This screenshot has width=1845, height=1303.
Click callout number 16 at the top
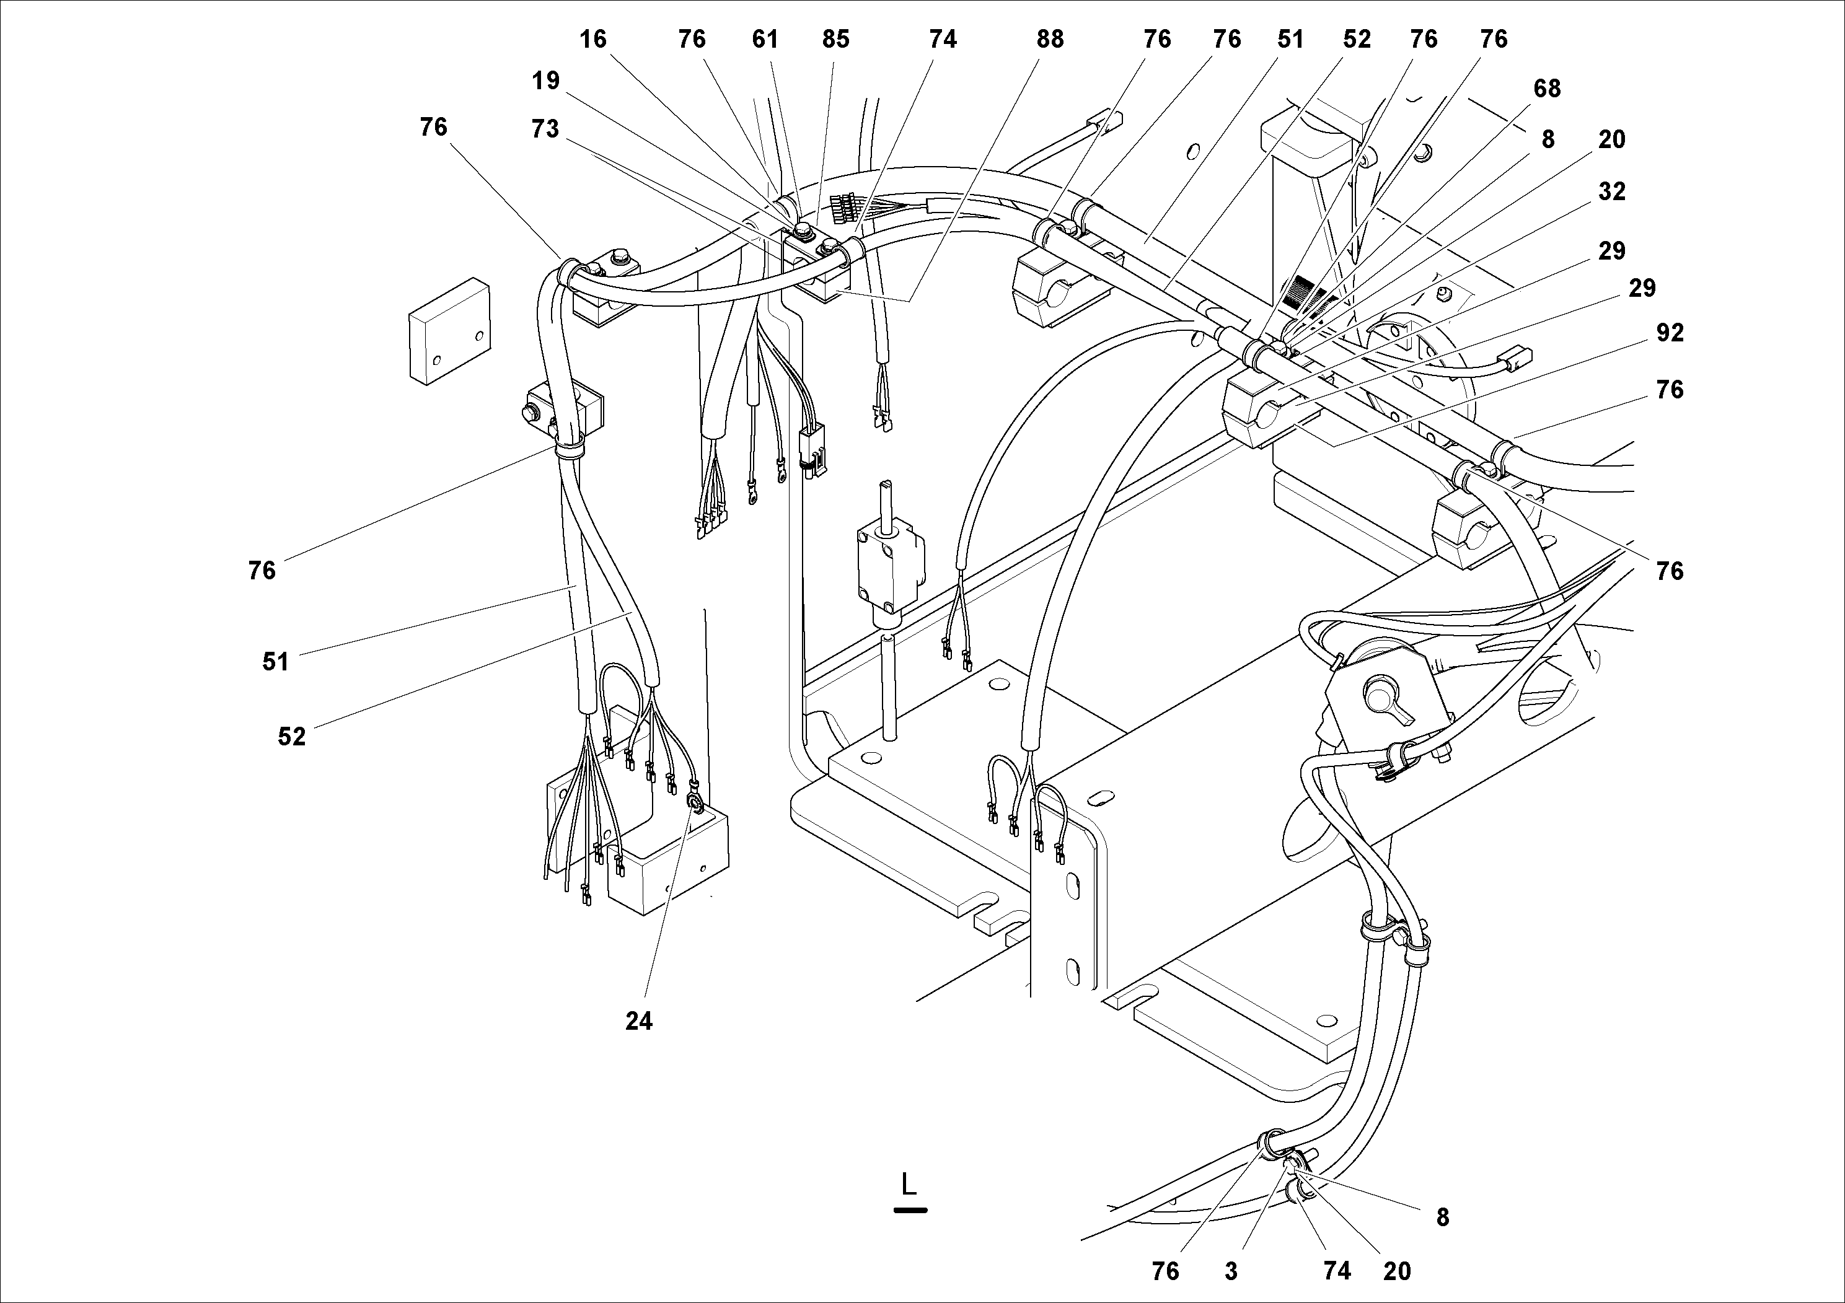tap(593, 40)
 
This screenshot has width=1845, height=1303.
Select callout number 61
tap(765, 40)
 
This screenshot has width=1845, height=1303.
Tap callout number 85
tap(835, 40)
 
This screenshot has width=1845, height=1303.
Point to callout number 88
tap(1049, 40)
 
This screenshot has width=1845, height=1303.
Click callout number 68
tap(1546, 89)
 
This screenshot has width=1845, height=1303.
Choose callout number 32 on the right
tap(1611, 191)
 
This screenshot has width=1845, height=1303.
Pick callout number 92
tap(1670, 333)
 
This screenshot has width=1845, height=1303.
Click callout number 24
tap(639, 1021)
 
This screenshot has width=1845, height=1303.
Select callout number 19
tap(545, 81)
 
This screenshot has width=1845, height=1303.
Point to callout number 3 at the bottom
tap(1231, 1271)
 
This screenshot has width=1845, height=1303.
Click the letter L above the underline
tap(909, 1184)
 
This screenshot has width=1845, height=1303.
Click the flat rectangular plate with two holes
tap(449, 330)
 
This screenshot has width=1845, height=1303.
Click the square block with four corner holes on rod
tap(887, 564)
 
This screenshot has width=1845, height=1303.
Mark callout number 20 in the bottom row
tap(1396, 1271)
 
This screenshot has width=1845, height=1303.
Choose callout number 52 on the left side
tap(292, 736)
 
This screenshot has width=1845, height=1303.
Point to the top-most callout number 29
tap(1611, 252)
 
